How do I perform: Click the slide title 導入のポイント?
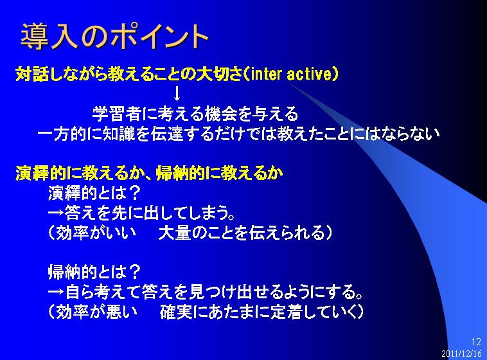click(x=114, y=36)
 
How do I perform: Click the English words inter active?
click(x=291, y=75)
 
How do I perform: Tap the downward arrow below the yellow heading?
click(x=177, y=94)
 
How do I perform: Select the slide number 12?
click(x=476, y=342)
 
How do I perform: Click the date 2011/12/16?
click(x=461, y=354)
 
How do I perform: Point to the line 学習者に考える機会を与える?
click(x=195, y=114)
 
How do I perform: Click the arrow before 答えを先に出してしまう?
click(x=56, y=213)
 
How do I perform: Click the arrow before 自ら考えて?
click(x=56, y=292)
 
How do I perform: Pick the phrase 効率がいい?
click(x=96, y=233)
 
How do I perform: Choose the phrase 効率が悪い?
click(x=96, y=312)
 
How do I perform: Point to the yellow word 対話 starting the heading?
click(x=31, y=75)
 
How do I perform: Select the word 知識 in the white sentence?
click(x=119, y=134)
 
